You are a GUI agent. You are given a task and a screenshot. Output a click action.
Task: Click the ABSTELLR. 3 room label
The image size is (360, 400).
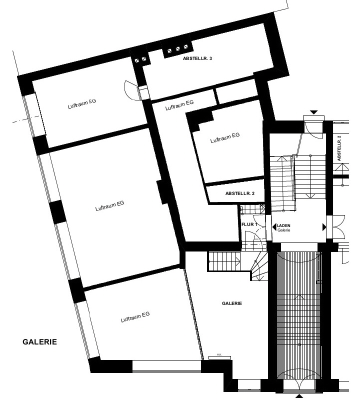pos(197,58)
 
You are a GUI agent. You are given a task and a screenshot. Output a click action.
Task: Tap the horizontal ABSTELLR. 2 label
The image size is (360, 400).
pos(240,193)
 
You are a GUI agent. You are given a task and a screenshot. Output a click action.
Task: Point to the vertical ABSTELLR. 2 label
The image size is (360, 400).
pos(339,148)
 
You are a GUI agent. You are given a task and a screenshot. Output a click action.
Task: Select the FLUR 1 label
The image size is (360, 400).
pos(249,224)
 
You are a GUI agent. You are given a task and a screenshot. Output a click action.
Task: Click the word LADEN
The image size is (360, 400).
pos(283,226)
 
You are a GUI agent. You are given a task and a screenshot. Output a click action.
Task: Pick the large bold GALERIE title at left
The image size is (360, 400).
pos(39,342)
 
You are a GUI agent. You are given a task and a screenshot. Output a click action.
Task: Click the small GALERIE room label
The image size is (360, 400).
pos(232,303)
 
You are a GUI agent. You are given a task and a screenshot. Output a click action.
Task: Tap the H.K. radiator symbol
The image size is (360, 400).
pos(219,357)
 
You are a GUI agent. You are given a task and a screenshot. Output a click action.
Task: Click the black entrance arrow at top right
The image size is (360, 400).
pos(314,112)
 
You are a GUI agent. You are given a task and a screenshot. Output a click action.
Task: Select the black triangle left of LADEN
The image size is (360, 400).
pos(274,226)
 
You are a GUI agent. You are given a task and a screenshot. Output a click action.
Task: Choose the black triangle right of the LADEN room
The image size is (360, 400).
pos(324,227)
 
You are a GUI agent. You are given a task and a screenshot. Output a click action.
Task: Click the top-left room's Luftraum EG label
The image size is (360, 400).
pos(82,104)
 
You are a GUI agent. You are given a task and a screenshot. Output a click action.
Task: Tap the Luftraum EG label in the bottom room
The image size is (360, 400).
pos(135,317)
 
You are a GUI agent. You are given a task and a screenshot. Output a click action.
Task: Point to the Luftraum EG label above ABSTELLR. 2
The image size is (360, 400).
pos(225,137)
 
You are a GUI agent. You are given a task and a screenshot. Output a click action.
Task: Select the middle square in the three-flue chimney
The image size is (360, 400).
pos(178,48)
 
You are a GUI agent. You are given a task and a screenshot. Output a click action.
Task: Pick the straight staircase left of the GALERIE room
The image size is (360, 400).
pos(224,261)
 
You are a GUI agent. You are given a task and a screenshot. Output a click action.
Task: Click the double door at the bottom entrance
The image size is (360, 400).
pos(299,385)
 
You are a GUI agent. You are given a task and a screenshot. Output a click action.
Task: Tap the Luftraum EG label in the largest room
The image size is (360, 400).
pos(109,206)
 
